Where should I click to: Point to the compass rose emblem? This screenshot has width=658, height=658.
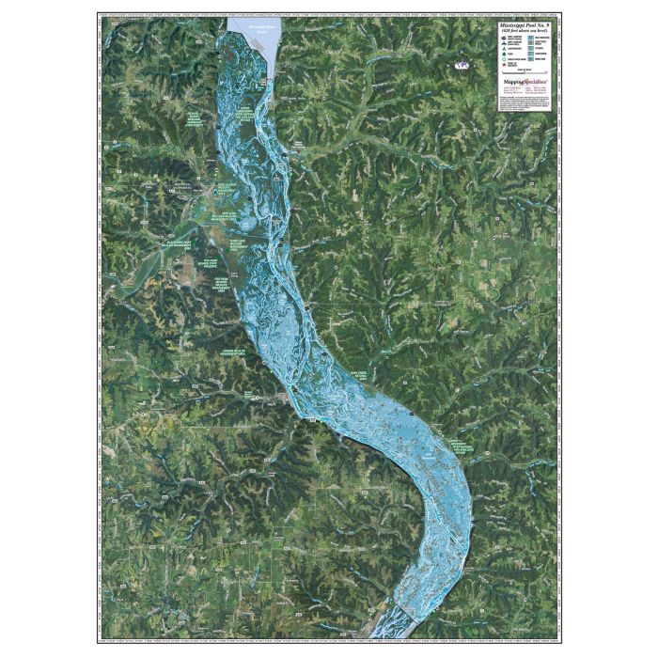[462, 66]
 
